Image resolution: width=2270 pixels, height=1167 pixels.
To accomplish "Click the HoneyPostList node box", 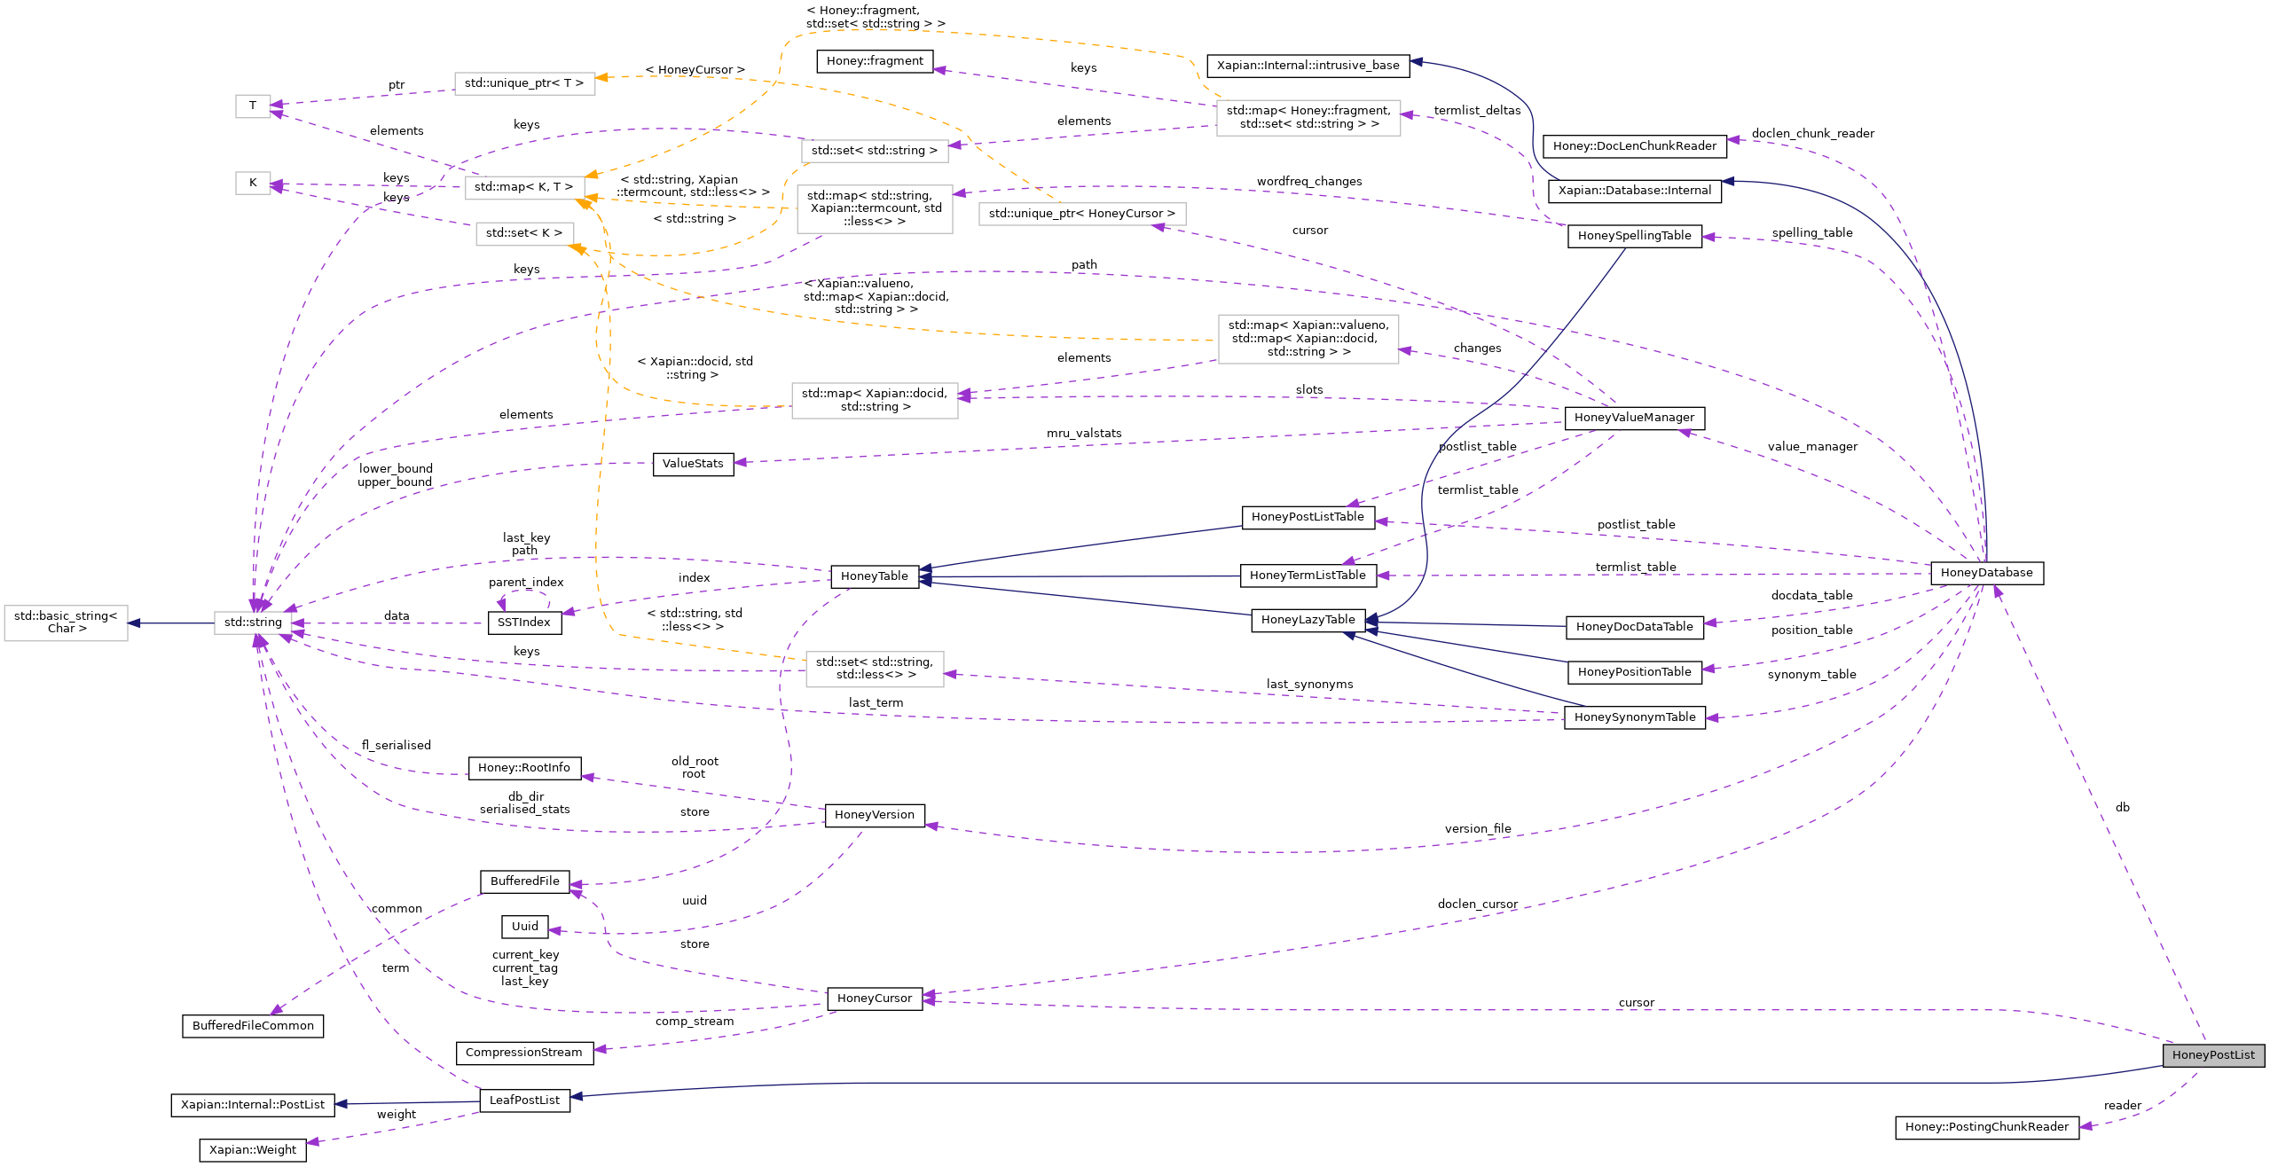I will pyautogui.click(x=2212, y=1055).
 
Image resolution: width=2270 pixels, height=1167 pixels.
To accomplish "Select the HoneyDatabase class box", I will pyautogui.click(x=1986, y=573).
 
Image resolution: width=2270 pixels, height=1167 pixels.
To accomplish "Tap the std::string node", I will pyautogui.click(x=253, y=623).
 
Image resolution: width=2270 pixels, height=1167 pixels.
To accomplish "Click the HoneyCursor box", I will pyautogui.click(x=874, y=999).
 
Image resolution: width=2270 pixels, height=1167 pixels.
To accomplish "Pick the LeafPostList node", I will pyautogui.click(x=524, y=1100).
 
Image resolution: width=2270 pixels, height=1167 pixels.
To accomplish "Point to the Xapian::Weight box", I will pyautogui.click(x=253, y=1150).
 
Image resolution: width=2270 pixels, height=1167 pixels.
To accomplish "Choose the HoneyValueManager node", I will pyautogui.click(x=1634, y=418).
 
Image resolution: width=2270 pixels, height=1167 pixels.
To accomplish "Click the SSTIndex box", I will pyautogui.click(x=524, y=623).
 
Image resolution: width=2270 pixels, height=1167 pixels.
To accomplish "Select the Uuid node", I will pyautogui.click(x=524, y=927).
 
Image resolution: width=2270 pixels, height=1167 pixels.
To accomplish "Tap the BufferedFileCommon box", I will pyautogui.click(x=253, y=1026).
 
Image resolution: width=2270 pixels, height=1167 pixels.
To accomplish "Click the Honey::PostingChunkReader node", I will pyautogui.click(x=1986, y=1127).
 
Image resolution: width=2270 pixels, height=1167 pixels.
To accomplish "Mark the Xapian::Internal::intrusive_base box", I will pyautogui.click(x=1308, y=66).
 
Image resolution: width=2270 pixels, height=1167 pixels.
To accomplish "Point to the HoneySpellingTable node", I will pyautogui.click(x=1634, y=236).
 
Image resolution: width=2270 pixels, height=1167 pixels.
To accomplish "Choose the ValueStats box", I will pyautogui.click(x=693, y=464).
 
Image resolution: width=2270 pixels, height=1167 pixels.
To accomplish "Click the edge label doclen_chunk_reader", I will pyautogui.click(x=1812, y=134).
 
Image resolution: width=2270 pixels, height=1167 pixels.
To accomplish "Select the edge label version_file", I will pyautogui.click(x=1477, y=829).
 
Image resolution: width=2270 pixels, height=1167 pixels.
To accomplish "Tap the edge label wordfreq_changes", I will pyautogui.click(x=1308, y=182).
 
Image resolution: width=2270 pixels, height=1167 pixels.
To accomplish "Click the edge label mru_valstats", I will pyautogui.click(x=1083, y=434).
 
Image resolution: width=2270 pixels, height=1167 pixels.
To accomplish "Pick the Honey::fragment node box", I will pyautogui.click(x=874, y=61).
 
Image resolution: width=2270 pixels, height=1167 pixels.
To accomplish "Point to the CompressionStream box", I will pyautogui.click(x=523, y=1053).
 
